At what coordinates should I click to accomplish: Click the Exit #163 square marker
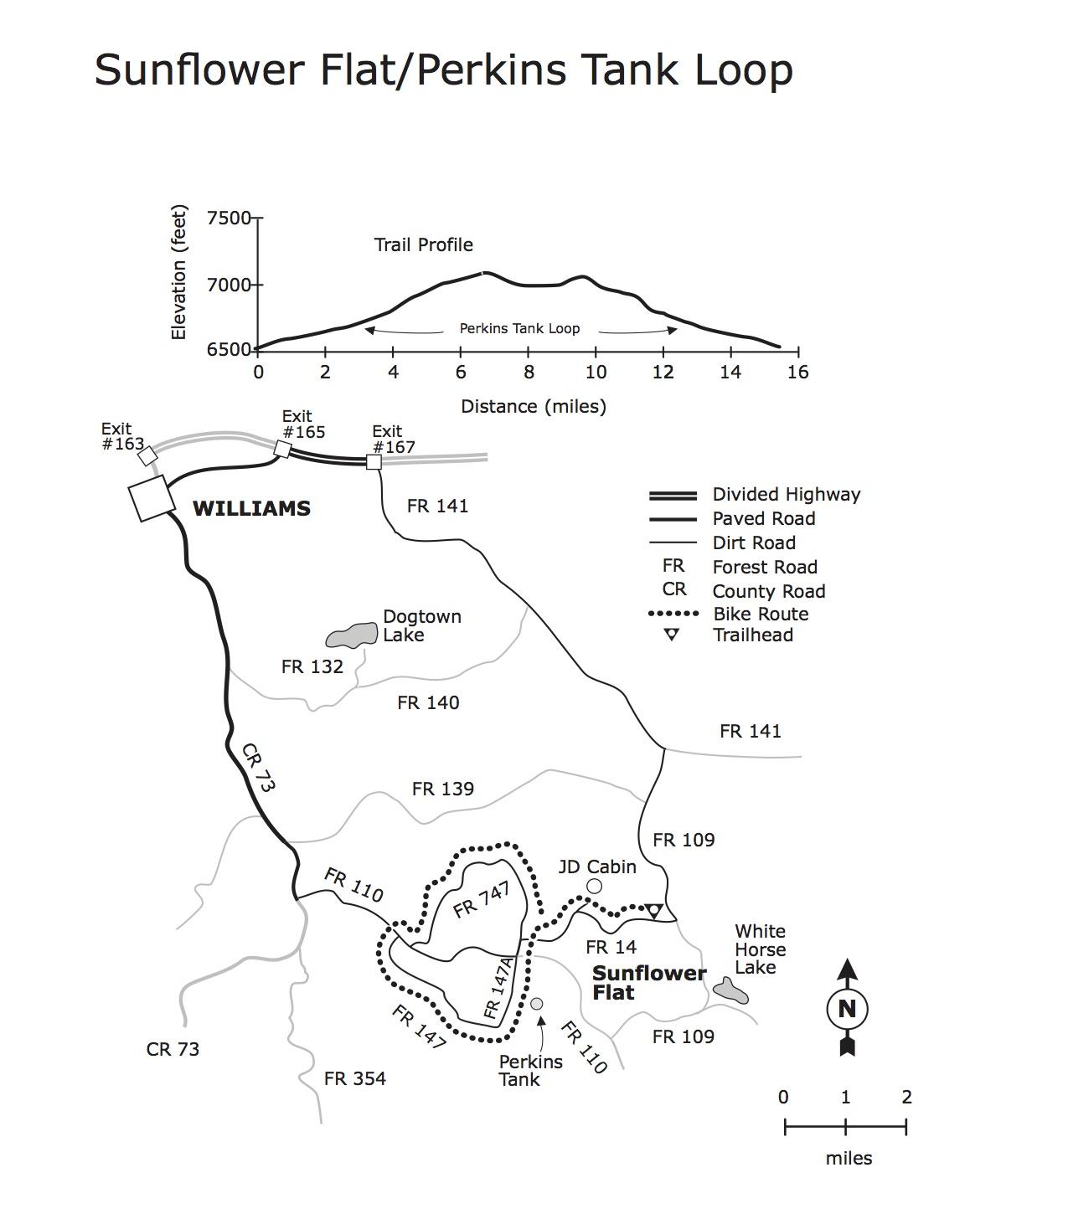coord(147,455)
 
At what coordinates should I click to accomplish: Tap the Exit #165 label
coord(302,424)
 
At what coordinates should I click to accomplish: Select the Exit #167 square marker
coord(374,462)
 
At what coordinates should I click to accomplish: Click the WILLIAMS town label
coord(251,508)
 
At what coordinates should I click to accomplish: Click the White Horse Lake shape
coord(730,991)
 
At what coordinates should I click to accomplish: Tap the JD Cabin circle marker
coord(594,886)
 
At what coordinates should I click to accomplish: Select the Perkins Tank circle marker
coord(537,1003)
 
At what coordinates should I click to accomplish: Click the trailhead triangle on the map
coord(654,910)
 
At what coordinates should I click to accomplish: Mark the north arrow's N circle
coord(847,1009)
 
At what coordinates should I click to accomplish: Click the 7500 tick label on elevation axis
coord(229,218)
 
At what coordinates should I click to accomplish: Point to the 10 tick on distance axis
coord(595,372)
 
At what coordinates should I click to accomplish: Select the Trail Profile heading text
coord(423,244)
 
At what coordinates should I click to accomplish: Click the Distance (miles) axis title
coord(533,406)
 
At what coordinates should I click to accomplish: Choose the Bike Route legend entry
coord(760,614)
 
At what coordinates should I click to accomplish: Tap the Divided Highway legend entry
coord(786,494)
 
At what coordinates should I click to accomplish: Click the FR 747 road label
coord(482,901)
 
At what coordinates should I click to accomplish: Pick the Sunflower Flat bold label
coord(648,983)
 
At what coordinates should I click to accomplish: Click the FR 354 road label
coord(355,1078)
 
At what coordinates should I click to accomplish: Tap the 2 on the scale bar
coord(906,1097)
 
